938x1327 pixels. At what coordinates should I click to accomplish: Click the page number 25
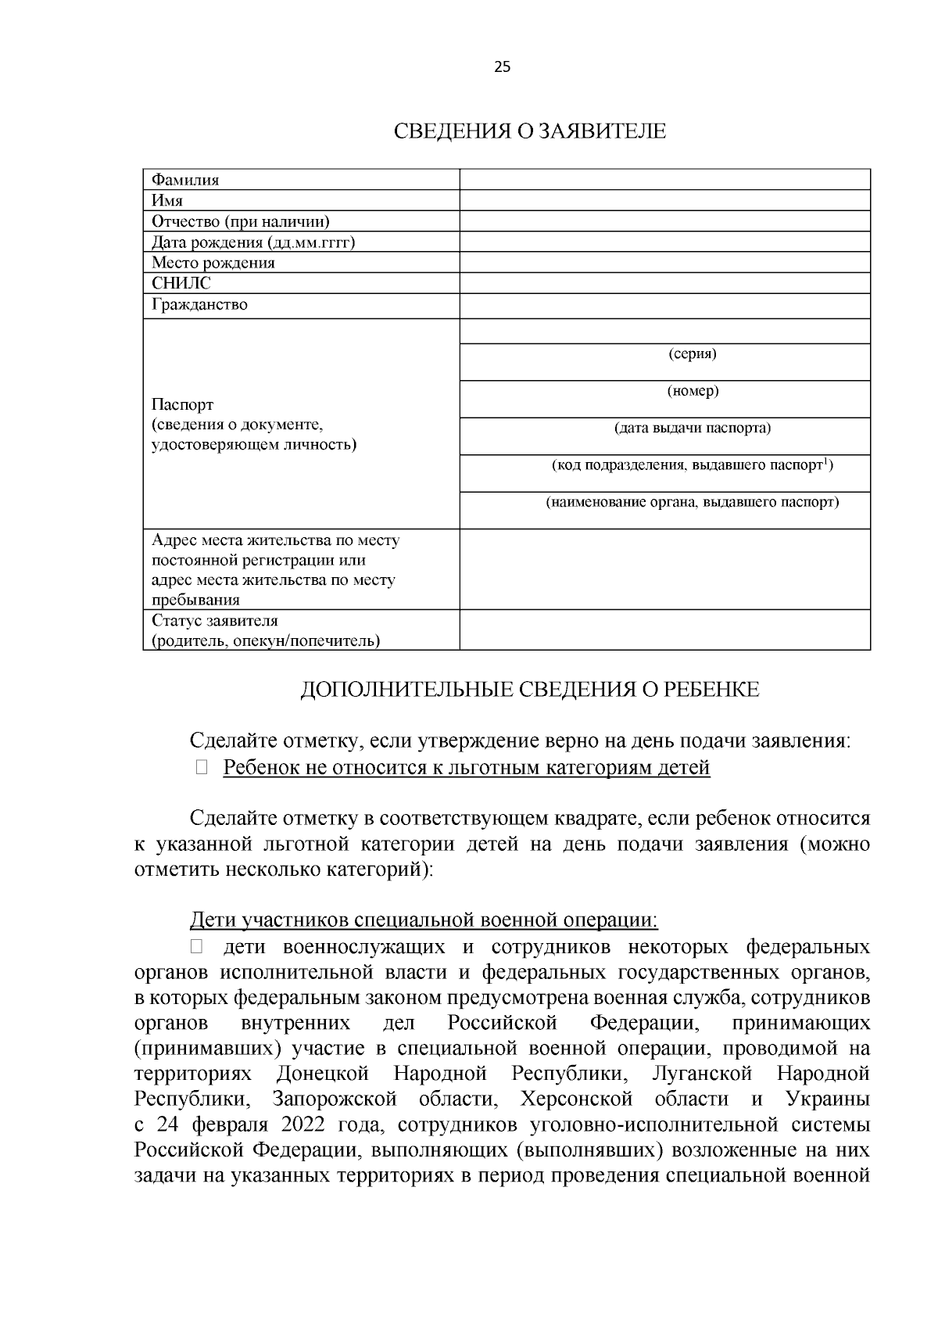tap(502, 67)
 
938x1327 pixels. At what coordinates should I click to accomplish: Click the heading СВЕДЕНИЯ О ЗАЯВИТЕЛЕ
tap(529, 131)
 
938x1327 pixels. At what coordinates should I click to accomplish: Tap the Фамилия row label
tap(185, 180)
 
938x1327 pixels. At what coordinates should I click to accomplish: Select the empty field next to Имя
tap(664, 200)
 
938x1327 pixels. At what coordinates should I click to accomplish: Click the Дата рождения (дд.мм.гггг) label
tap(253, 242)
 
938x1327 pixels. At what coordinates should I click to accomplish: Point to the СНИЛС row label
tap(181, 283)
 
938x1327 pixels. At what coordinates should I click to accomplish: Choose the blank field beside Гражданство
tap(664, 305)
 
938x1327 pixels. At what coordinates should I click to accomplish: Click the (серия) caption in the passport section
tap(693, 354)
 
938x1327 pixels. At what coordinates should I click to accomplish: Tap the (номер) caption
tap(693, 391)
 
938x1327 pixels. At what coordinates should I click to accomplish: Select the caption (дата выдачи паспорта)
tap(693, 429)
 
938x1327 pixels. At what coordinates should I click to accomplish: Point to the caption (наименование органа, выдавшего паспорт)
tap(693, 502)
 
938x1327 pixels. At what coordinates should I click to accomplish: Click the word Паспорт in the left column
tap(182, 405)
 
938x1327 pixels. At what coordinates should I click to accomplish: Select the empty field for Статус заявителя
tap(664, 630)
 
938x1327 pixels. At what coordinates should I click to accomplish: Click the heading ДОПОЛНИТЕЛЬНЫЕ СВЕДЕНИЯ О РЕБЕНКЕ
tap(530, 690)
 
